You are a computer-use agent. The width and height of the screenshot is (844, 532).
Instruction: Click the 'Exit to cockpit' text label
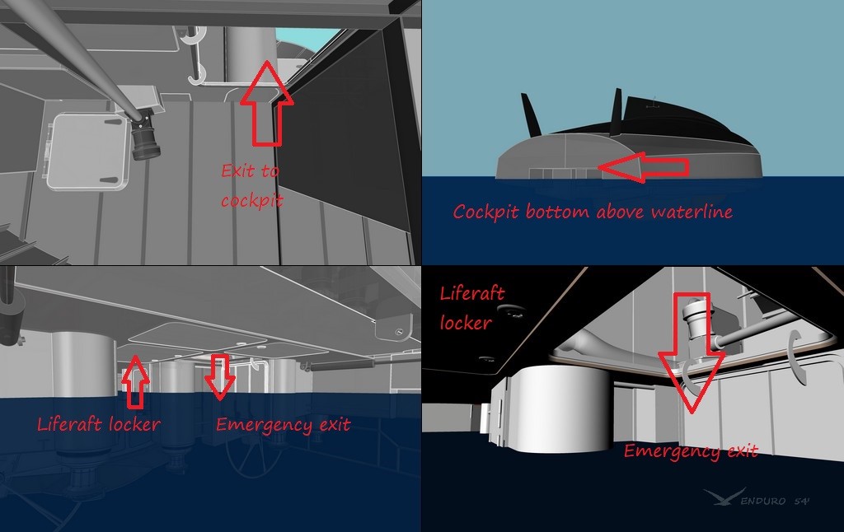(x=251, y=185)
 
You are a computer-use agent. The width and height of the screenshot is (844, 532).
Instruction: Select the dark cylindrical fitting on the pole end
(x=146, y=136)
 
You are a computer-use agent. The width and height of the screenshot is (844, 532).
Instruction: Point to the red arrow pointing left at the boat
(x=643, y=167)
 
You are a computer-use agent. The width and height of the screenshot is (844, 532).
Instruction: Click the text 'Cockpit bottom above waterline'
(x=592, y=212)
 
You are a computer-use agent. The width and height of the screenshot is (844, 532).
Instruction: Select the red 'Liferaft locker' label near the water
(x=98, y=425)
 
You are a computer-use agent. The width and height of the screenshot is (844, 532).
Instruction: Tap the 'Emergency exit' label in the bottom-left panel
(x=283, y=425)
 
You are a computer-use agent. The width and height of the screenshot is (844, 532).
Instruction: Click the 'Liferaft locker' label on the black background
(x=472, y=308)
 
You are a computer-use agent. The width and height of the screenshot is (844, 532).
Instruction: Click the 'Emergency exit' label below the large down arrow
(x=690, y=450)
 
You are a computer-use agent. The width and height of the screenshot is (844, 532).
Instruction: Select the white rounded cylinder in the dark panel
(x=554, y=403)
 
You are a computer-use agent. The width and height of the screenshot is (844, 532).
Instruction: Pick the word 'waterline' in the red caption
(x=694, y=212)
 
